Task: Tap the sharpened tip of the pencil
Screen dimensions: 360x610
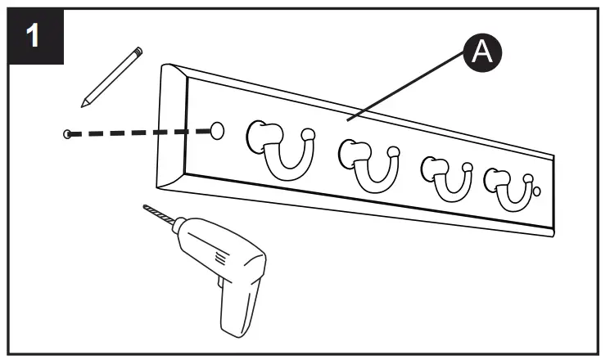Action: click(83, 104)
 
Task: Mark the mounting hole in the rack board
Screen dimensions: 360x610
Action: click(218, 130)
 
